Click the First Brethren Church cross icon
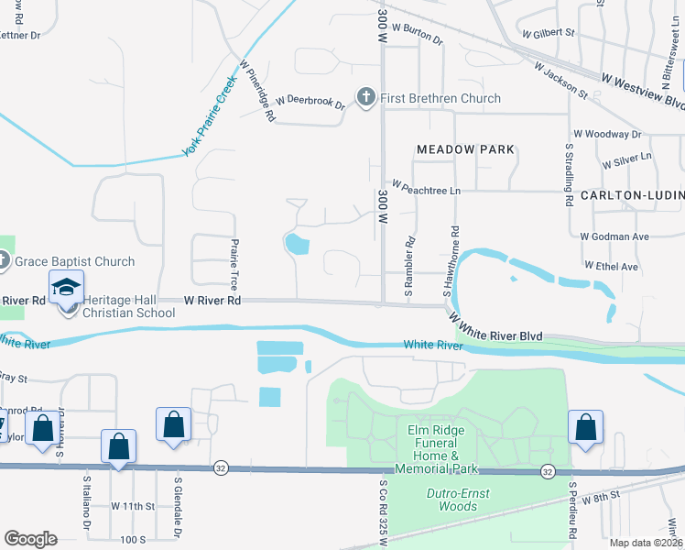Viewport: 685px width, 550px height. [366, 98]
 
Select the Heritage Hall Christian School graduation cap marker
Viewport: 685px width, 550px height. [67, 288]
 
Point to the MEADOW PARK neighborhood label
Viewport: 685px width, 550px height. [465, 148]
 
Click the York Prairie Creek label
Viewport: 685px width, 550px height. [210, 115]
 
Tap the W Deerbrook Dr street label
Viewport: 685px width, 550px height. [301, 101]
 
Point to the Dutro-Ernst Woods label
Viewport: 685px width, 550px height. [458, 500]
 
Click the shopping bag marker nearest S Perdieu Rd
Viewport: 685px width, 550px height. [585, 427]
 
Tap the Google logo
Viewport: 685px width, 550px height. [30, 539]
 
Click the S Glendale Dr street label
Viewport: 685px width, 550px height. [178, 518]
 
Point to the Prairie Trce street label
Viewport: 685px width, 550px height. [234, 261]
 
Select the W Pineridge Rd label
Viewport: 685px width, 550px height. [258, 92]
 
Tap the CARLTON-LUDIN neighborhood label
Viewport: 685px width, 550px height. [631, 196]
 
